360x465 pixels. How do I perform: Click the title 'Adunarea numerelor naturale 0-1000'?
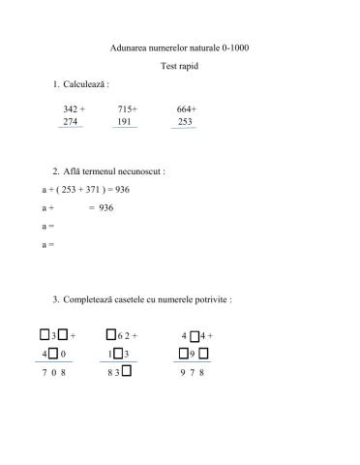tap(180, 46)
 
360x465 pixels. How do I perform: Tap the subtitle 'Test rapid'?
tap(180, 66)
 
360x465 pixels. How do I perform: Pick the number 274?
tap(70, 122)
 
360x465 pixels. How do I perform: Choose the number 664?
tap(184, 109)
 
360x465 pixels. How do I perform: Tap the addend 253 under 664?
tap(185, 122)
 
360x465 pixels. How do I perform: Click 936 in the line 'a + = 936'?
tap(106, 207)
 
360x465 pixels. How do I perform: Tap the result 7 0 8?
tap(53, 372)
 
